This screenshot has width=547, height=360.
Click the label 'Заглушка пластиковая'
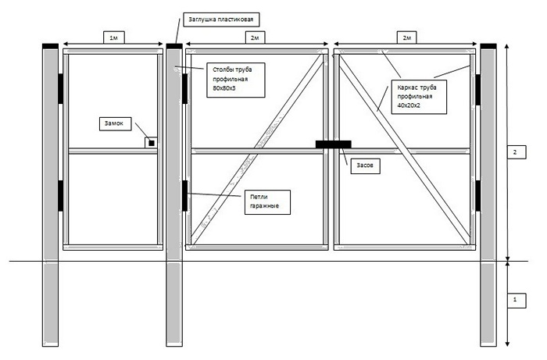[x=221, y=20]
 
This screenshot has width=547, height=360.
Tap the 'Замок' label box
[x=115, y=123]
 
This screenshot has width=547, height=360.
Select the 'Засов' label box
[x=365, y=166]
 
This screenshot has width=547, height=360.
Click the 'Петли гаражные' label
[x=267, y=201]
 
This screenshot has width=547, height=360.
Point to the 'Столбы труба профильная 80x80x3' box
[x=235, y=80]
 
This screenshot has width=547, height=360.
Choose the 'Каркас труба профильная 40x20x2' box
[x=419, y=97]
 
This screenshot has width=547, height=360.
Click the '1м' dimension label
[x=114, y=37]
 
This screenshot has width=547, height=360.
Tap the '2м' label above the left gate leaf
[x=255, y=37]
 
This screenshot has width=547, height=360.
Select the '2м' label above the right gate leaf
[x=407, y=37]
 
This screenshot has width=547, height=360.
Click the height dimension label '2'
[x=516, y=152]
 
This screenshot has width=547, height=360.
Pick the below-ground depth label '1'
[x=516, y=301]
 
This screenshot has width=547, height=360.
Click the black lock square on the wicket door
[x=152, y=143]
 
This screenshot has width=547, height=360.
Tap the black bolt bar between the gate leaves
[x=333, y=144]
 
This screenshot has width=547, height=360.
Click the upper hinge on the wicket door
[x=61, y=89]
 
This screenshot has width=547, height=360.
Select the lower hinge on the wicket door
[x=61, y=196]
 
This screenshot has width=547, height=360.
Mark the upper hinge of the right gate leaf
[x=477, y=90]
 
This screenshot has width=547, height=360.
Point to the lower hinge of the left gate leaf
[x=185, y=196]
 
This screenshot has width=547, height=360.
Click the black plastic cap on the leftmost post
[x=50, y=46]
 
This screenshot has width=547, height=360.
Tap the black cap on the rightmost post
[x=488, y=46]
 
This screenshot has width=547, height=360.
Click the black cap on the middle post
[x=174, y=46]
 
